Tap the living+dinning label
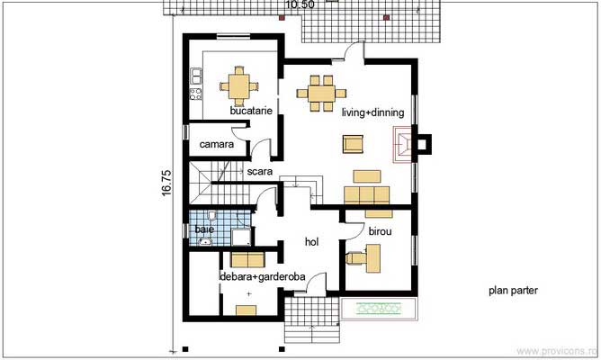pyautogui.click(x=372, y=112)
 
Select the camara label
pyautogui.click(x=216, y=144)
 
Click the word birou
pyautogui.click(x=380, y=231)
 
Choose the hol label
pyautogui.click(x=312, y=241)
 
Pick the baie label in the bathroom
pyautogui.click(x=204, y=230)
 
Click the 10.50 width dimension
pyautogui.click(x=300, y=5)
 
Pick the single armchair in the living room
pyautogui.click(x=352, y=143)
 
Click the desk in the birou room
pyautogui.click(x=372, y=256)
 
